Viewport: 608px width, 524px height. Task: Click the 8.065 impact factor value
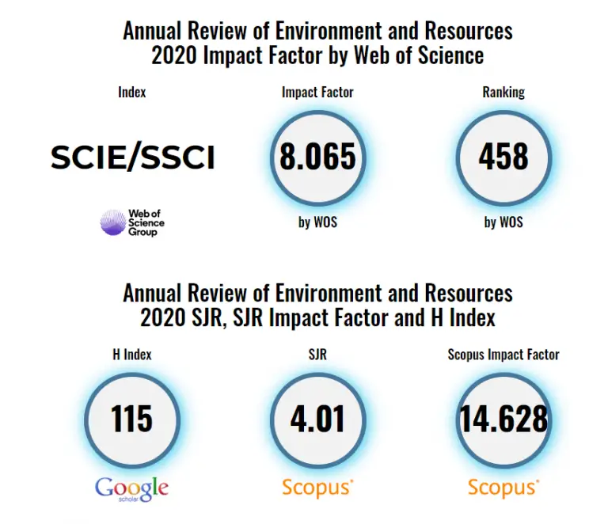(317, 158)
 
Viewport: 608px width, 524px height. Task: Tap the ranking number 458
(503, 158)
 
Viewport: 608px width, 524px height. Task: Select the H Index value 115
(131, 418)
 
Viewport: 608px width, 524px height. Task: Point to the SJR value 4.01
(317, 418)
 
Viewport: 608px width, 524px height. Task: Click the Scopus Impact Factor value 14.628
(503, 418)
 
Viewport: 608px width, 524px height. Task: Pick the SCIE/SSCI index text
(133, 158)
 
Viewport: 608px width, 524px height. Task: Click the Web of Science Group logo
(132, 222)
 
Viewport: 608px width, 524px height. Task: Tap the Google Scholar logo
(131, 488)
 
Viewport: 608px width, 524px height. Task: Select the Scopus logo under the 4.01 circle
(317, 488)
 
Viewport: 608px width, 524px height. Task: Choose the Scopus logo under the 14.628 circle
(503, 488)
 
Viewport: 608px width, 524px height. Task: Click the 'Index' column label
(132, 92)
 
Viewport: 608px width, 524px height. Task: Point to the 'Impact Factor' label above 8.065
(317, 92)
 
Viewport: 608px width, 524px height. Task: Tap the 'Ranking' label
(503, 92)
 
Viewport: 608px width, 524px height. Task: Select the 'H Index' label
(131, 354)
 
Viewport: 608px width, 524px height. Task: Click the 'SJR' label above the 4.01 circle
(317, 354)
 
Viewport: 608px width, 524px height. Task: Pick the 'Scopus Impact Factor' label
(503, 354)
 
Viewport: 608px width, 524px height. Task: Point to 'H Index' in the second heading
(457, 318)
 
